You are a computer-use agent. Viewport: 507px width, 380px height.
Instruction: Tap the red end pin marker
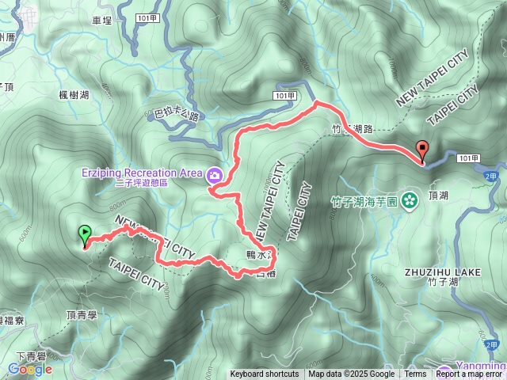pyautogui.click(x=423, y=149)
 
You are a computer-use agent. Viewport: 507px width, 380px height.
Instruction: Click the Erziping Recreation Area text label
pyautogui.click(x=143, y=173)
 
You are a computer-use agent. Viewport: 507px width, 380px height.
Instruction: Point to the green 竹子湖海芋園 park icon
pyautogui.click(x=410, y=199)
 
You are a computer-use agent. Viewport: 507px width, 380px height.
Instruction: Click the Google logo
pyautogui.click(x=30, y=369)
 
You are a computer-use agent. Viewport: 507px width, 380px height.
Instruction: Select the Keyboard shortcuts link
pyautogui.click(x=265, y=374)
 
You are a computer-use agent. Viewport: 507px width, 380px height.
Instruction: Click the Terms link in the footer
pyautogui.click(x=415, y=374)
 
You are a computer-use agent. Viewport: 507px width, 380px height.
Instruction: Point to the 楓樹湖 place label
pyautogui.click(x=74, y=95)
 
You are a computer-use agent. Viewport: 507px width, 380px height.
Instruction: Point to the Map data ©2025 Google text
pyautogui.click(x=352, y=374)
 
